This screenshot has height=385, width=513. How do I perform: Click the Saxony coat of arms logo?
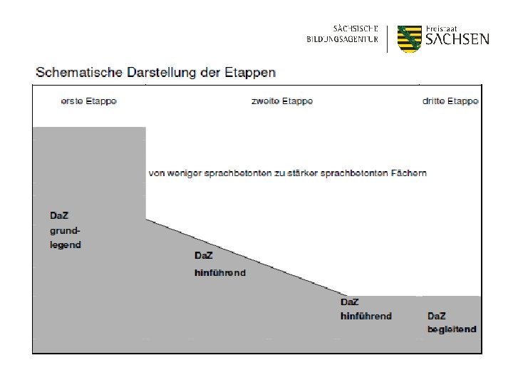tap(410, 38)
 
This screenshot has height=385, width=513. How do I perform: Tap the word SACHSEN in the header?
tap(457, 39)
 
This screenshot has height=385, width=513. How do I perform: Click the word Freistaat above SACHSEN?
tap(442, 27)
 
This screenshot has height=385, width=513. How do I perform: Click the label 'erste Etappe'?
tap(88, 101)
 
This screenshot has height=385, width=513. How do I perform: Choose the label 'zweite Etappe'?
tap(282, 101)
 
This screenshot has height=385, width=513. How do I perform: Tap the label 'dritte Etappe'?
tap(450, 101)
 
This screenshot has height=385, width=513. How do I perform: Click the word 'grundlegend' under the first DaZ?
tap(66, 237)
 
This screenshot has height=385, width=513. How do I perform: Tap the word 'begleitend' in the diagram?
tap(452, 329)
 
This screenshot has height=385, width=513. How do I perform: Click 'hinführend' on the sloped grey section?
tap(220, 272)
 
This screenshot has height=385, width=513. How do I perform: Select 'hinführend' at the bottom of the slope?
tap(366, 316)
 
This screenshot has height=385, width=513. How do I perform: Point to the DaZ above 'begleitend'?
tap(437, 316)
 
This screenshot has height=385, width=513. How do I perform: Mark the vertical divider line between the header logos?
tap(386, 38)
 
